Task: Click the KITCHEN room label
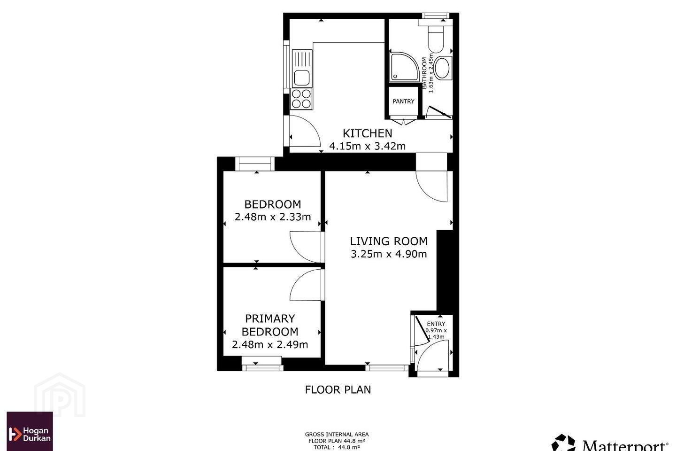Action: tap(367, 133)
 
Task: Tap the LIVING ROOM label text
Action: tap(389, 241)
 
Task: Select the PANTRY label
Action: tap(404, 101)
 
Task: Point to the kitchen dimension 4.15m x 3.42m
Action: tap(367, 146)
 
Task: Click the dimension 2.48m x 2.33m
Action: tap(272, 217)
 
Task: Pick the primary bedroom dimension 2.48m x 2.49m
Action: tap(270, 344)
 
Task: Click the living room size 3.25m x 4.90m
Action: tap(389, 254)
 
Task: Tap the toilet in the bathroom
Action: tap(436, 39)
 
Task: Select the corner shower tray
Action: tap(404, 67)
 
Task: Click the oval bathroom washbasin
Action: tap(442, 68)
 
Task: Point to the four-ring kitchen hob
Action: tap(301, 99)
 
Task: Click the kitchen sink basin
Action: tap(301, 78)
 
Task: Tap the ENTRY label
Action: tap(436, 324)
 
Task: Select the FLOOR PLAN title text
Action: tap(338, 389)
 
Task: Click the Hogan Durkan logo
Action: tap(30, 431)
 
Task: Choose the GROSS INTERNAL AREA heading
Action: tap(337, 435)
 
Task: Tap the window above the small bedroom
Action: tap(255, 164)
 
